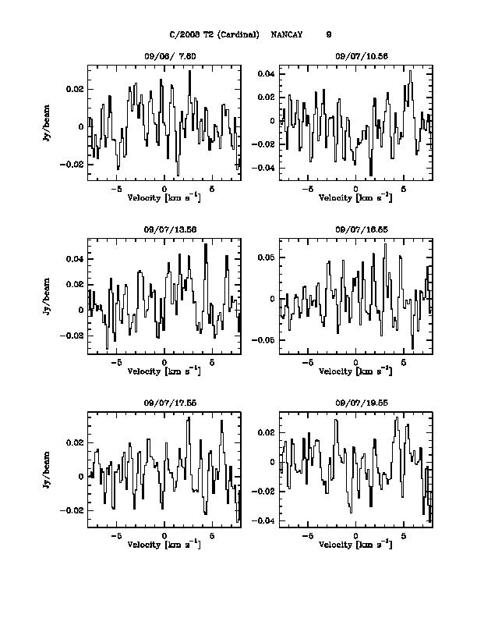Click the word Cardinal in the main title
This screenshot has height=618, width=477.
click(x=242, y=34)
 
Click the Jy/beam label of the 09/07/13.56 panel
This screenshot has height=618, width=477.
click(x=47, y=296)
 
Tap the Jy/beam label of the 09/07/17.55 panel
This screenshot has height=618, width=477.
click(x=47, y=468)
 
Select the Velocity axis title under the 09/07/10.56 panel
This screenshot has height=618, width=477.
click(x=355, y=198)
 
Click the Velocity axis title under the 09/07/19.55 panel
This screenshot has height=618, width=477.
click(x=355, y=544)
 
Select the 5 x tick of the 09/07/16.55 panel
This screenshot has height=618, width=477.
click(x=403, y=363)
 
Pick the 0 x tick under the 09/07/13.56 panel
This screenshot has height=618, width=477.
click(x=164, y=363)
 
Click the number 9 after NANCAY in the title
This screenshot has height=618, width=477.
click(x=329, y=34)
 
